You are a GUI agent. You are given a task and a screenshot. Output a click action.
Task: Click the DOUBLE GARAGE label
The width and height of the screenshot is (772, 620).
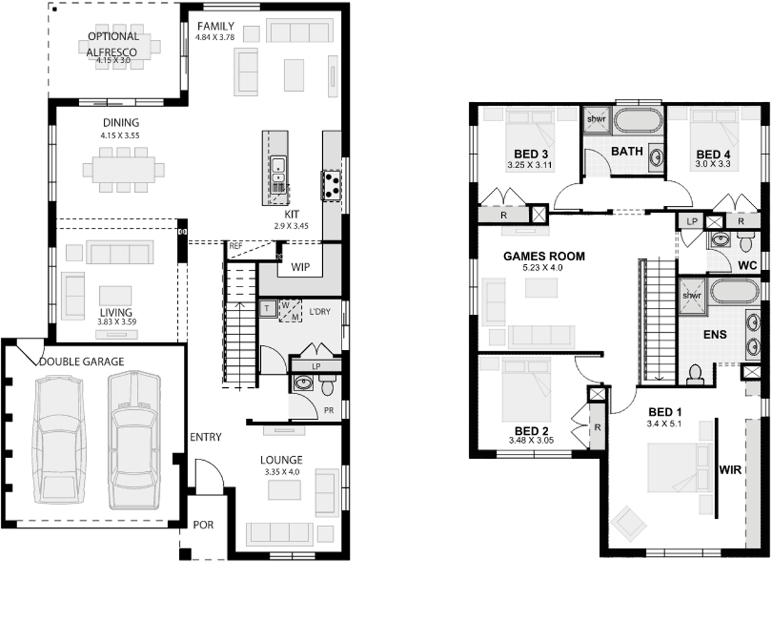tap(82, 361)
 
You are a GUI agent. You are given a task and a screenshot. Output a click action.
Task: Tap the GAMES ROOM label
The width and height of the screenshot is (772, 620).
tap(544, 256)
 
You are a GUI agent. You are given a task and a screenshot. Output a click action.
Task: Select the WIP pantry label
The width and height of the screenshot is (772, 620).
tap(300, 266)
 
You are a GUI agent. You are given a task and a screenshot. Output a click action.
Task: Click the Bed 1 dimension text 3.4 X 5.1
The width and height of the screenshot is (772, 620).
tap(665, 424)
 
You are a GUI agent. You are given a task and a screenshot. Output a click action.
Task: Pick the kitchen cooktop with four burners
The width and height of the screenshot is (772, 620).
tap(332, 185)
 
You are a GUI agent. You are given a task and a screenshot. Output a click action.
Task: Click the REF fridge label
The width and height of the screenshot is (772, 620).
tap(236, 245)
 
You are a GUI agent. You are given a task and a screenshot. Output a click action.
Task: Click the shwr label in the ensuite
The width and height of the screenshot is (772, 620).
tap(691, 296)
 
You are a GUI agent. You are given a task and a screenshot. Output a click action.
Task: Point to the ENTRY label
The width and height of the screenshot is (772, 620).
tap(206, 437)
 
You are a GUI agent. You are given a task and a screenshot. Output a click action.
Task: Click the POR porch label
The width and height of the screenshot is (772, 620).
tap(202, 525)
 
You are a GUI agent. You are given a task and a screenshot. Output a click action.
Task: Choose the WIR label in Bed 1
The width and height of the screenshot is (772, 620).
tap(731, 471)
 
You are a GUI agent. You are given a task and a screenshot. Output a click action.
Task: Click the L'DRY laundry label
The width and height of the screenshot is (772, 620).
tap(319, 312)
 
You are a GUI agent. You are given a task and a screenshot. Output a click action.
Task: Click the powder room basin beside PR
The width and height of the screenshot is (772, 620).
tap(302, 382)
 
